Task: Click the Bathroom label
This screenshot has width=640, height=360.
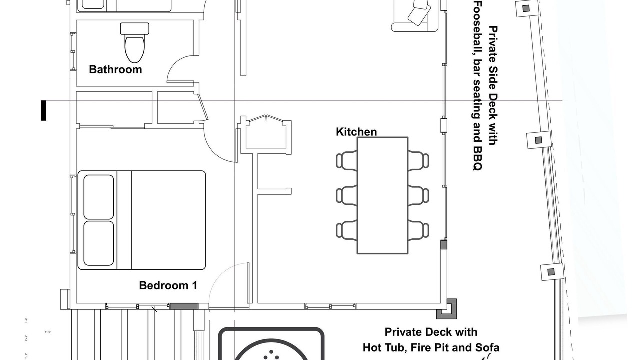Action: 115,69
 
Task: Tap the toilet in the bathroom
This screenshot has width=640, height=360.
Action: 135,43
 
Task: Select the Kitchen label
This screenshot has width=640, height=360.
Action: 356,132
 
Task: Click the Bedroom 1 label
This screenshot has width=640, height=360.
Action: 168,285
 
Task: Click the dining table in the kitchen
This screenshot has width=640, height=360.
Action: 382,195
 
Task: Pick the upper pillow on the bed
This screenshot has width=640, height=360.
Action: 99,197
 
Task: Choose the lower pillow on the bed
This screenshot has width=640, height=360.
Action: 99,243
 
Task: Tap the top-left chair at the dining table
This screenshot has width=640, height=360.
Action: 347,161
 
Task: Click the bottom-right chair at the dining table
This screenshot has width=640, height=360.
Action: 418,230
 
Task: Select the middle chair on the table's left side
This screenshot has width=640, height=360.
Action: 347,195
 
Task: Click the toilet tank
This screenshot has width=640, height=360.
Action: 135,29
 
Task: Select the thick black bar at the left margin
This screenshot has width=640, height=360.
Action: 43,110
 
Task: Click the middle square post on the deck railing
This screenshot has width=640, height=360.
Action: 539,140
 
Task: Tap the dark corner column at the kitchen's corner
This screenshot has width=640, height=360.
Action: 447,309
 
